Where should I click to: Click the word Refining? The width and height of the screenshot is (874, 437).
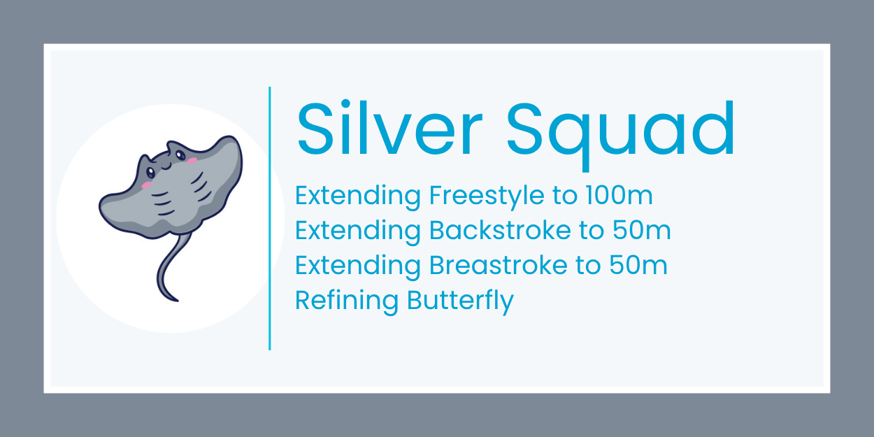click(x=347, y=301)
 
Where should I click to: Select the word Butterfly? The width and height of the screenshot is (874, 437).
click(x=460, y=301)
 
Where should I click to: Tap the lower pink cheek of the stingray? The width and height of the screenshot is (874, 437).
click(x=146, y=185)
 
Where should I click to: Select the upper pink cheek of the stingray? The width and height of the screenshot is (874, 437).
click(x=192, y=161)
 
